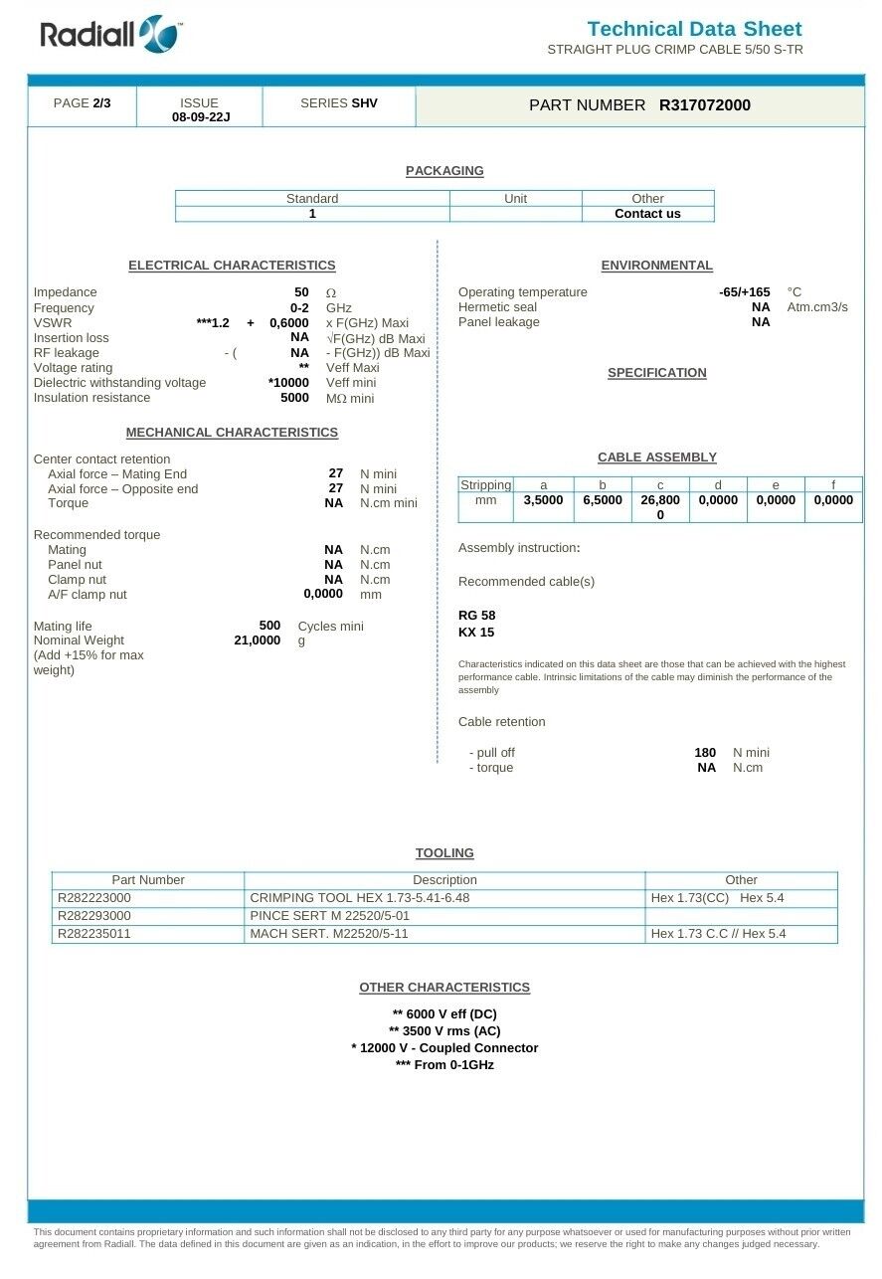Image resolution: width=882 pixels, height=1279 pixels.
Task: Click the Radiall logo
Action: click(x=109, y=35)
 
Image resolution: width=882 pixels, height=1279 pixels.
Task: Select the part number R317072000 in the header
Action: click(x=704, y=105)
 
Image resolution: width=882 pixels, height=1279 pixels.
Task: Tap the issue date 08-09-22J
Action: click(x=200, y=117)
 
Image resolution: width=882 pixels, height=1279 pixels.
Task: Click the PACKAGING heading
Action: click(x=444, y=171)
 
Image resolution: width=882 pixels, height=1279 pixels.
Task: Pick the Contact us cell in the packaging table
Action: click(x=647, y=214)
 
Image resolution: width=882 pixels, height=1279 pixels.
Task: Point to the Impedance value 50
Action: click(x=301, y=292)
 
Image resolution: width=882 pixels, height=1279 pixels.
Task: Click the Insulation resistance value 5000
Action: click(x=294, y=398)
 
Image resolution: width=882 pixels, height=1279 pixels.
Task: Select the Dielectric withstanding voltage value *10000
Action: click(x=288, y=383)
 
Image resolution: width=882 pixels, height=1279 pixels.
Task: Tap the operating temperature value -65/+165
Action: click(x=744, y=292)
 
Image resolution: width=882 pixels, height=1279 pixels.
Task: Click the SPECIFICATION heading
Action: click(x=656, y=373)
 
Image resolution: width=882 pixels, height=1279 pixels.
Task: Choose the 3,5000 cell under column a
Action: click(x=543, y=500)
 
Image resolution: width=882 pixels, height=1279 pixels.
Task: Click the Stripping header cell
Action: click(x=485, y=485)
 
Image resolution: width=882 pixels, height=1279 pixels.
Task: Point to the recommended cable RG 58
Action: click(x=476, y=616)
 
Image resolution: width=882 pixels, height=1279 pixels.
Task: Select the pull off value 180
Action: click(x=705, y=753)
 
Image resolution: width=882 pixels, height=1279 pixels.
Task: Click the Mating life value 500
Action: click(x=269, y=626)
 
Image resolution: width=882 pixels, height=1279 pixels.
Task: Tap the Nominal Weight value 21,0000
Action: click(x=257, y=640)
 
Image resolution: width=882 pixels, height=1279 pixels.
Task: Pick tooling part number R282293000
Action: click(x=94, y=916)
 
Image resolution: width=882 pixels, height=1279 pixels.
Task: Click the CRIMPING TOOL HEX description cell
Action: click(x=359, y=898)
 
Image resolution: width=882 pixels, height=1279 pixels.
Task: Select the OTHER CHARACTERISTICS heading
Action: click(x=444, y=988)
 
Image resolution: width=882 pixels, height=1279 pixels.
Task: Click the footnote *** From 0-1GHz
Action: click(x=444, y=1065)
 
